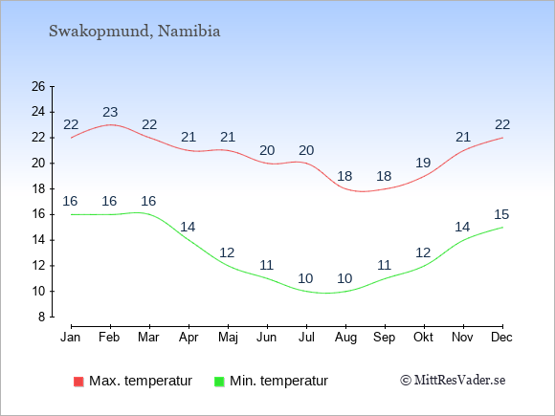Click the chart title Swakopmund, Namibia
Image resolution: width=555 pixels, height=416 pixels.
point(135,32)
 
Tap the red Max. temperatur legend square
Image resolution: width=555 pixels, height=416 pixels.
point(78,382)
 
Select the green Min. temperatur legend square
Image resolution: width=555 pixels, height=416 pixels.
point(219,382)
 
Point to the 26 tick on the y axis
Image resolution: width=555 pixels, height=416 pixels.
point(38,86)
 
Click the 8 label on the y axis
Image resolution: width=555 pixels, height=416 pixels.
point(42,317)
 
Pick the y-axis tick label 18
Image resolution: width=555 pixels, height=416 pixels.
point(38,189)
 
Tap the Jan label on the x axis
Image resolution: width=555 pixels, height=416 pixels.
point(71,338)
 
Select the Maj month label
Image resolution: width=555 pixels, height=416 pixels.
point(228,338)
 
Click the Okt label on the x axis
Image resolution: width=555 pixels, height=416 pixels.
point(423,338)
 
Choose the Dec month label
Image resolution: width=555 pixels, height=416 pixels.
point(502,338)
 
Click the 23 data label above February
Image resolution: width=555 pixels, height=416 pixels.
point(110,112)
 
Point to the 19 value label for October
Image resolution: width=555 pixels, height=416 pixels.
point(423,164)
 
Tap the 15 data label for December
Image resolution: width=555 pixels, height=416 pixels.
point(501,214)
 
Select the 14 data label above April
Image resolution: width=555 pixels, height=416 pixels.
point(188,227)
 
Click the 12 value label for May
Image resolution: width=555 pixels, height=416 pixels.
point(227,252)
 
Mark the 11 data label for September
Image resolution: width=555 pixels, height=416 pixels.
point(384,265)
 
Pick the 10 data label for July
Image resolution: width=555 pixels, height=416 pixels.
point(305,278)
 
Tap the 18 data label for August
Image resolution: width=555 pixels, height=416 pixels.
point(344,176)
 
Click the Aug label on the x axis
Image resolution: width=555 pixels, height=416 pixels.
point(345,338)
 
